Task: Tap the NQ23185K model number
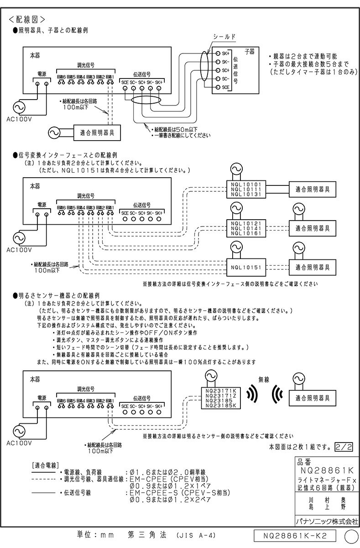pos(221,405)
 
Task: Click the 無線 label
pos(265,379)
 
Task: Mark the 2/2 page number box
pos(344,446)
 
